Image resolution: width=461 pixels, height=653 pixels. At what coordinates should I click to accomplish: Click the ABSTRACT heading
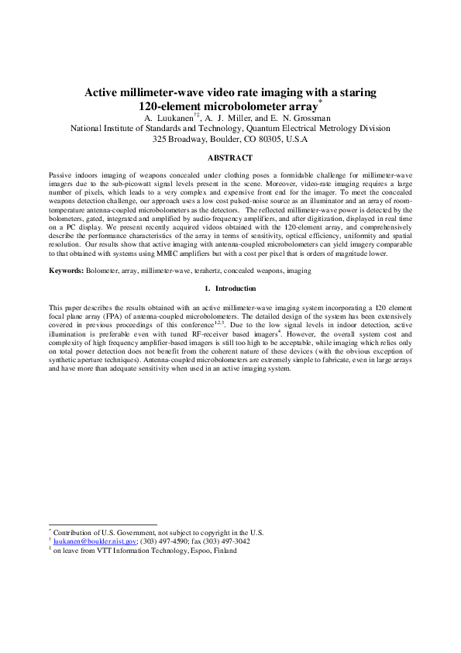[230, 157]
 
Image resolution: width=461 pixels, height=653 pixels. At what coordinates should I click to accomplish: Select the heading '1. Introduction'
[230, 288]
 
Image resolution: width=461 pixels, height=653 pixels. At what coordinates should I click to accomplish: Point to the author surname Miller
[239, 117]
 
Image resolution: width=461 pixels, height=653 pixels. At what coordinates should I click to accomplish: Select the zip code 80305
[260, 140]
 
